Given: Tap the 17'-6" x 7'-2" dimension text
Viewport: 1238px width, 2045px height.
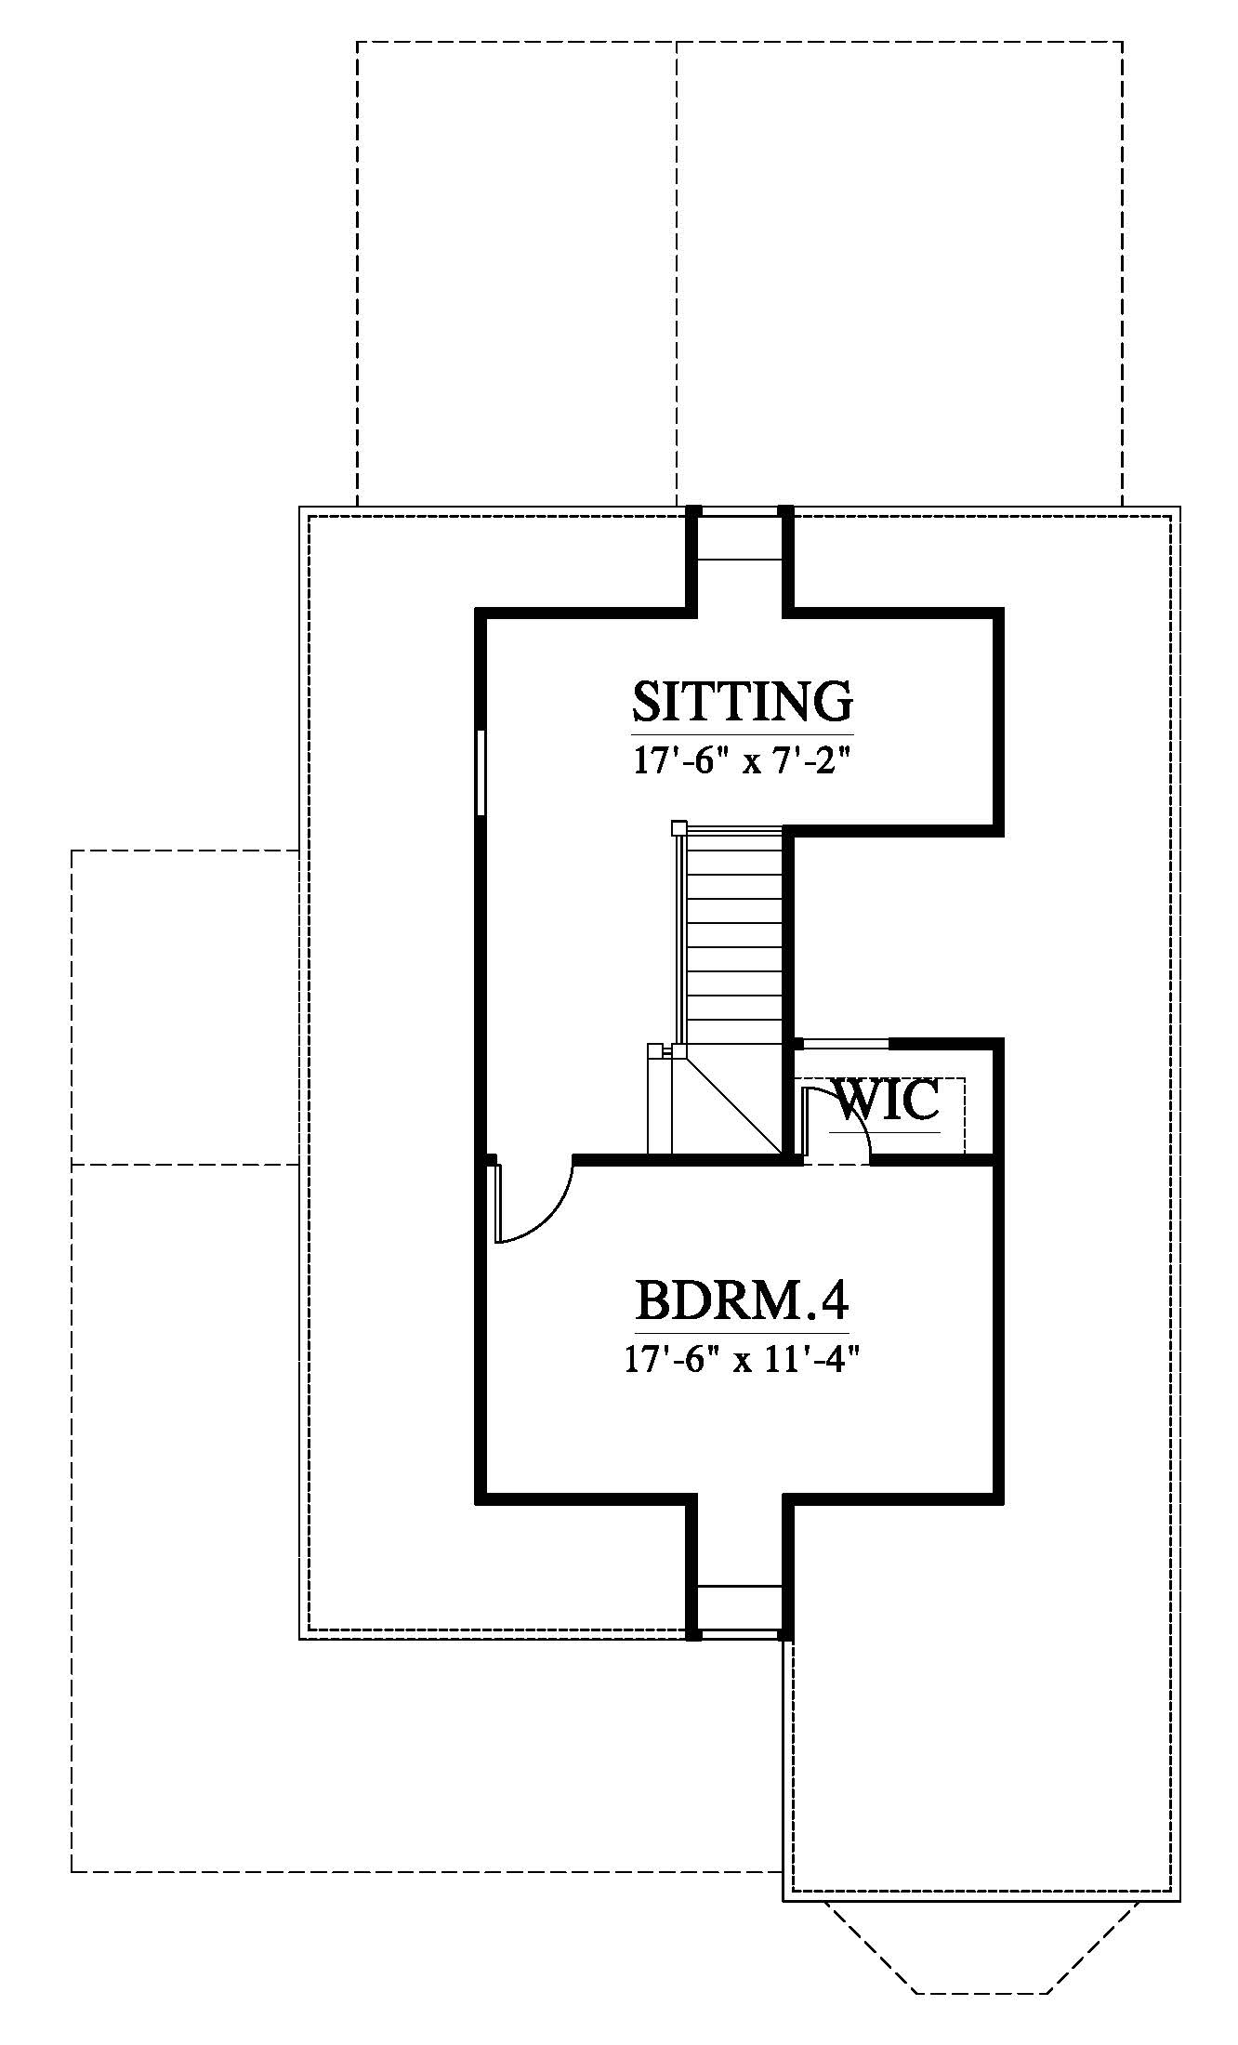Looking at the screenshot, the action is pyautogui.click(x=742, y=762).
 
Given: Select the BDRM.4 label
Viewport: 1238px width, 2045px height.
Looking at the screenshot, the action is pyautogui.click(x=742, y=1300).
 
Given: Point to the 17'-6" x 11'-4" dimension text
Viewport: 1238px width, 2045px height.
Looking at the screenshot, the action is pyautogui.click(x=742, y=1362).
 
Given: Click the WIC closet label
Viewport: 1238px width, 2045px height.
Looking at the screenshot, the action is pyautogui.click(x=889, y=1101).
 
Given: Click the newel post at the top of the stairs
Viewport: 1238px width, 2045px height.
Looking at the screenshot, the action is pyautogui.click(x=678, y=827).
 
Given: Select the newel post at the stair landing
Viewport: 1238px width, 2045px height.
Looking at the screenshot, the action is pyautogui.click(x=678, y=1050).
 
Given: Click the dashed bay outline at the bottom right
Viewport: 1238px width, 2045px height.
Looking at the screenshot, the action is pyautogui.click(x=981, y=1972).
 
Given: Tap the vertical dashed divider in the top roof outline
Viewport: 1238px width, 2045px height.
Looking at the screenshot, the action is pyautogui.click(x=677, y=274).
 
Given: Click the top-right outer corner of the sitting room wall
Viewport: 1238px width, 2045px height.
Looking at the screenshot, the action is pyautogui.click(x=1001, y=611).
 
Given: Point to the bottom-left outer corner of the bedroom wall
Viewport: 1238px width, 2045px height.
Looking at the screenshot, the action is pyautogui.click(x=480, y=1499).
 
